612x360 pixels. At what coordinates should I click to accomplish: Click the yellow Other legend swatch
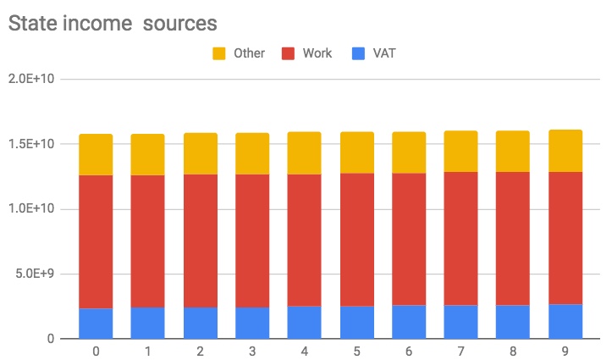218,53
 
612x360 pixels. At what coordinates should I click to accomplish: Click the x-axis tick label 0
96,351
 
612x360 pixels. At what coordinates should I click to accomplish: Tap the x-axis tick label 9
565,351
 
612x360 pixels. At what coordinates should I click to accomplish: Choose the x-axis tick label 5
356,351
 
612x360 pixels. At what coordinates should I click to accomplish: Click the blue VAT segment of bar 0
96,323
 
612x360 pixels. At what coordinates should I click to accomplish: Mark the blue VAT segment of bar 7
461,321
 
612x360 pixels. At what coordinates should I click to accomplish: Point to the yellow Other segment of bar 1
148,154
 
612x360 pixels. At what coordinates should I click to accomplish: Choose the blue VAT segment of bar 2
201,323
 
